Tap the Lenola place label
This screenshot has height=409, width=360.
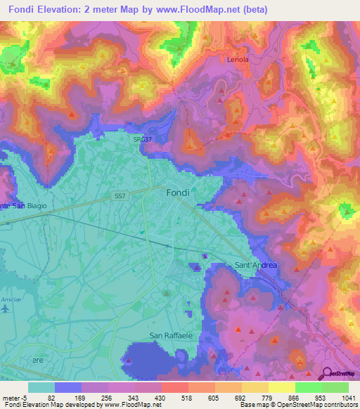click(x=238, y=60)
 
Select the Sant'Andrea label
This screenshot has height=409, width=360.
click(x=255, y=265)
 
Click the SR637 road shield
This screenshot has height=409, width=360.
click(x=141, y=140)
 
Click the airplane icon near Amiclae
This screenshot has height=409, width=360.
click(x=6, y=309)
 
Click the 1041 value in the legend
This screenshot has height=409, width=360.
click(x=341, y=397)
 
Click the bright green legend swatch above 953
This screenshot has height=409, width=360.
click(x=308, y=387)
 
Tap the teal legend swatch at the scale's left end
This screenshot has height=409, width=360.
click(x=41, y=387)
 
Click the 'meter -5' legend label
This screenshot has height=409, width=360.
click(x=14, y=397)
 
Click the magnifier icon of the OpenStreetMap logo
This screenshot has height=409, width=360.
click(x=326, y=375)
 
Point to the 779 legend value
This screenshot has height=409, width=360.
click(x=260, y=397)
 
